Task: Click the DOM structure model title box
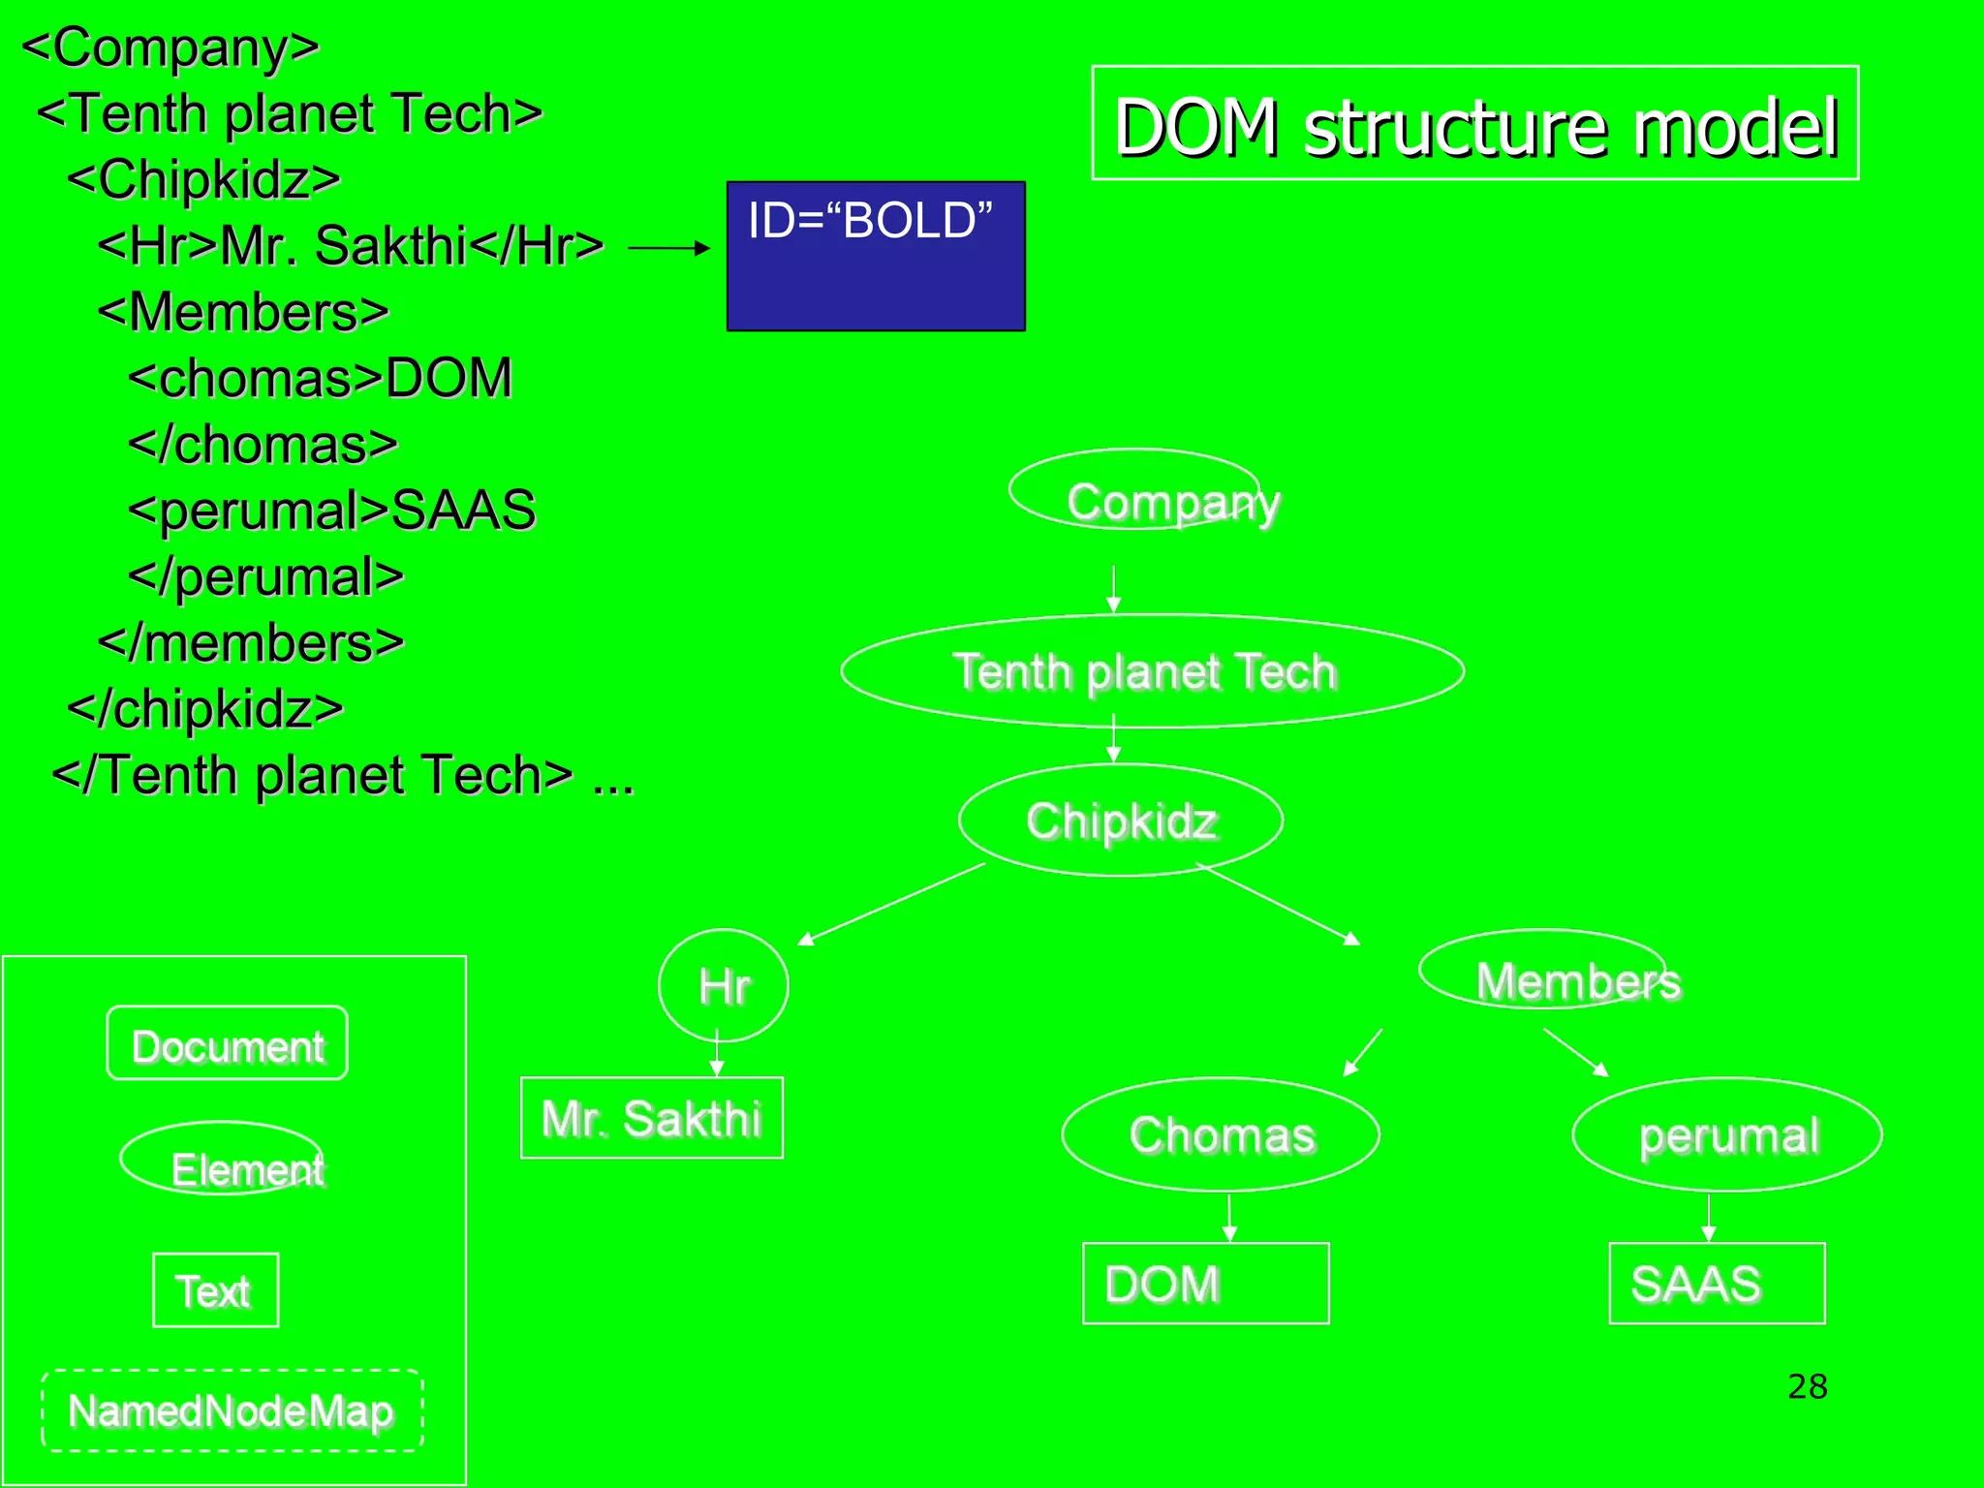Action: pos(1474,124)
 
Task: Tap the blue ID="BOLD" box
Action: pos(876,256)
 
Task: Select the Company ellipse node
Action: pos(1135,490)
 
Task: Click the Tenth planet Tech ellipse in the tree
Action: pos(1151,671)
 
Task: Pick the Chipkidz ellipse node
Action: pos(1121,821)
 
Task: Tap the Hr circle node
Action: pos(723,985)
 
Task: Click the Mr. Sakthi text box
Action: pos(652,1118)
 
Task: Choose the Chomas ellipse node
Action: pos(1221,1134)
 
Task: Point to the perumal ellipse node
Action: pos(1727,1134)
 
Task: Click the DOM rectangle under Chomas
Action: pos(1205,1284)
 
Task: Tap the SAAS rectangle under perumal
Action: pos(1717,1284)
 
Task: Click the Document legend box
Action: pos(228,1043)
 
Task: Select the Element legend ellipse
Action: pos(223,1159)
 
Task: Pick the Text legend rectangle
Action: pos(215,1290)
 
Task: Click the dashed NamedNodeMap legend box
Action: pos(232,1410)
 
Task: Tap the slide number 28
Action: pos(1807,1386)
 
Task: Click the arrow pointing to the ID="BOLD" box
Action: pos(668,249)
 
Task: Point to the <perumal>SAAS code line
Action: pos(331,511)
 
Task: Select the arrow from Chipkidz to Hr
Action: pos(891,904)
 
